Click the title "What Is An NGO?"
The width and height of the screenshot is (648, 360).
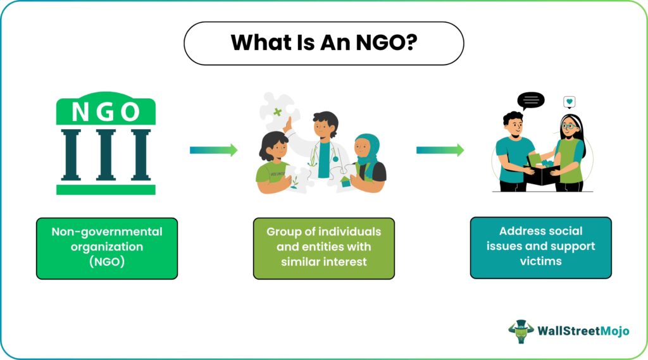tap(324, 43)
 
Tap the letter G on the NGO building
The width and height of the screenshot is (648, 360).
tap(106, 111)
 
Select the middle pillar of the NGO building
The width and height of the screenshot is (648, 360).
tap(106, 155)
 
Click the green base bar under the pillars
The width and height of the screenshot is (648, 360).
tap(106, 190)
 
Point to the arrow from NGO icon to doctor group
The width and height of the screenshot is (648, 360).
tap(214, 150)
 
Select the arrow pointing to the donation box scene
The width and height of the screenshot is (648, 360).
tap(440, 150)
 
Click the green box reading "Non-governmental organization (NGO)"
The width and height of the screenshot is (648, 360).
tap(107, 249)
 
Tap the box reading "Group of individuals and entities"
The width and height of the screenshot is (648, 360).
tap(324, 249)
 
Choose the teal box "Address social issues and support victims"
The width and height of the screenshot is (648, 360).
tap(541, 247)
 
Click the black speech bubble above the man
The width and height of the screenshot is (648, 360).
tap(531, 101)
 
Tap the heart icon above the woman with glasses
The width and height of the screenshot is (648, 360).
tap(570, 102)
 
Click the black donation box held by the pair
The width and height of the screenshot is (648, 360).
tap(542, 175)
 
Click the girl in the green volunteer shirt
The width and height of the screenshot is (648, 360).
tap(274, 163)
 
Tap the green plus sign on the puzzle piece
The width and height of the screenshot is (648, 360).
tap(278, 111)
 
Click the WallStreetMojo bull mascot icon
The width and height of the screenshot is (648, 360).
tap(521, 331)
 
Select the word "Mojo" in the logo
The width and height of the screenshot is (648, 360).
tap(614, 331)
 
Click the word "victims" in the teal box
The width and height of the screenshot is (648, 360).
tap(541, 261)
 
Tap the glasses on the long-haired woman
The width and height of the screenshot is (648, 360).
tap(570, 126)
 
